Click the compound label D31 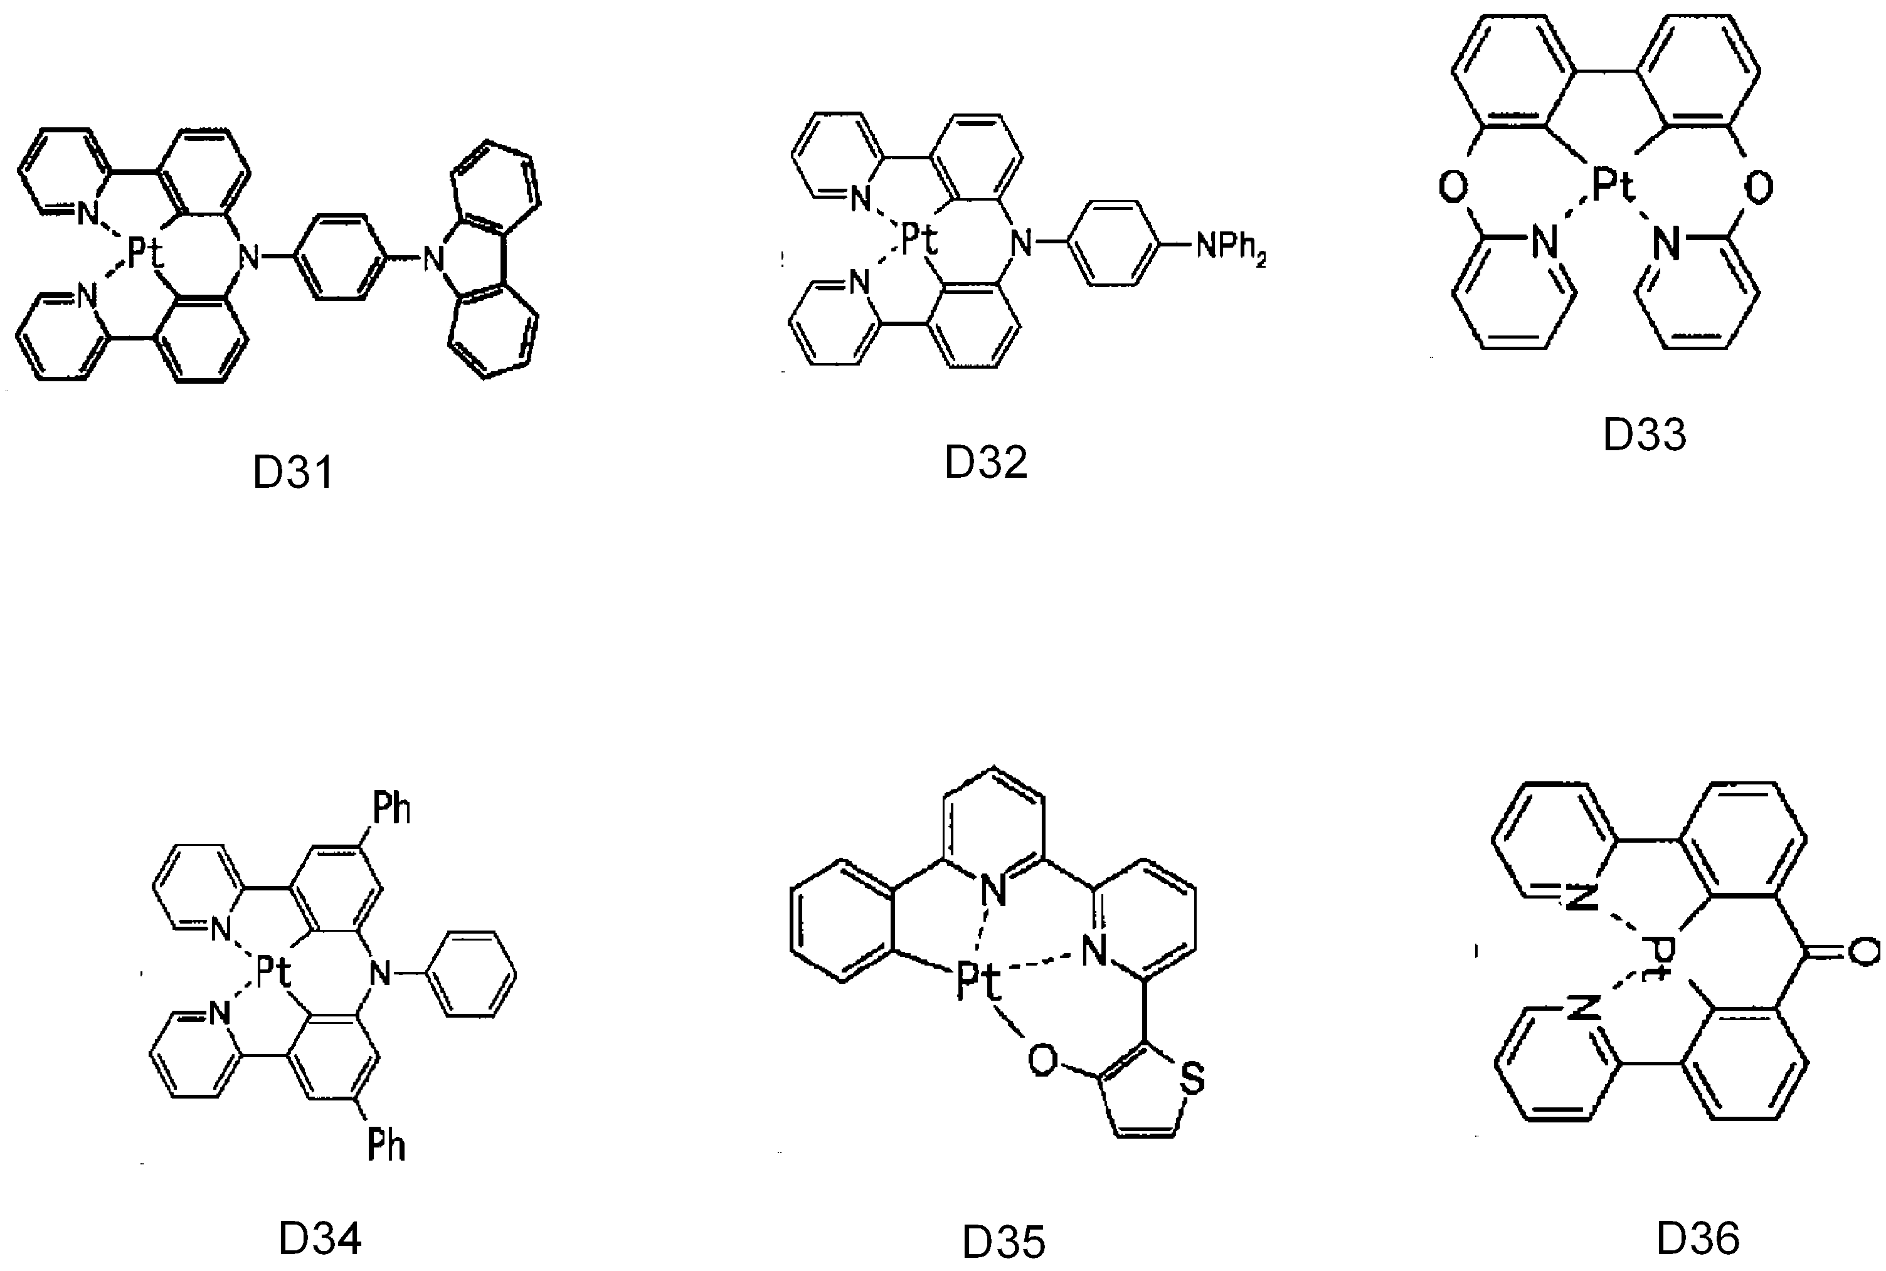pos(293,473)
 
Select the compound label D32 pos(985,462)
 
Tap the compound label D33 pos(1645,435)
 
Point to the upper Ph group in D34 pos(391,808)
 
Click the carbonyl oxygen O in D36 pos(1865,952)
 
